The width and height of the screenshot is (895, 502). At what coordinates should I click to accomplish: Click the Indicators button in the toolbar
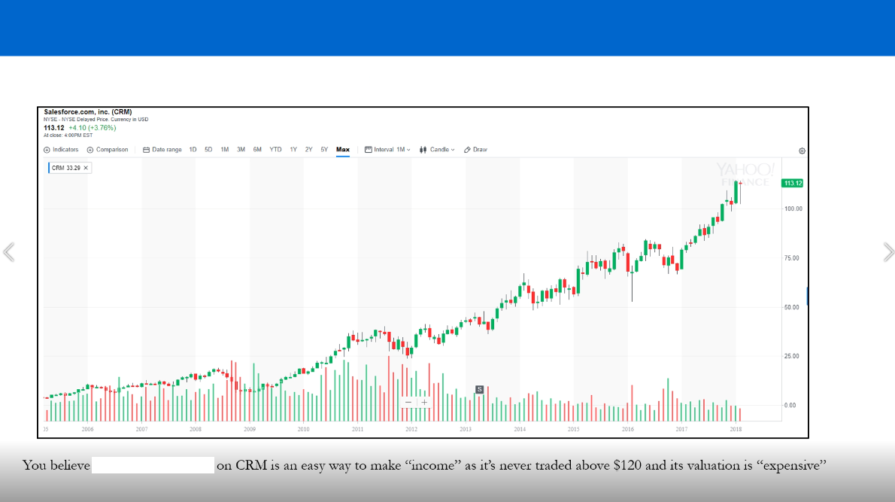(61, 150)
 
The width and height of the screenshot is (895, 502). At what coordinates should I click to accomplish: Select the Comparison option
(108, 150)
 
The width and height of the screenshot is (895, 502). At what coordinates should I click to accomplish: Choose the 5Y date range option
(324, 150)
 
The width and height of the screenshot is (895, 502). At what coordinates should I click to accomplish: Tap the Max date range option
(343, 150)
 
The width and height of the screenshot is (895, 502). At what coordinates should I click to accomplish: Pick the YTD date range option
(275, 150)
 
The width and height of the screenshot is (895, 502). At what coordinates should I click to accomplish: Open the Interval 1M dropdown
(387, 150)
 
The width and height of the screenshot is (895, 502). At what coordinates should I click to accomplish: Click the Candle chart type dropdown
(437, 150)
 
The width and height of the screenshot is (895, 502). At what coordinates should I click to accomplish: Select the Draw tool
(475, 150)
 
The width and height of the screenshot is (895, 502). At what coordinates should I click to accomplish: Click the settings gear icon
(802, 151)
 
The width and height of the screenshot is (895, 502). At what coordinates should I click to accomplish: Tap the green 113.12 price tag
(793, 183)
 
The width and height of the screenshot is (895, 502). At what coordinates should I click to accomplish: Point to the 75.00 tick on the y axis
(792, 258)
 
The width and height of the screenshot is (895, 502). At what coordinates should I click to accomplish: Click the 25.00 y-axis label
(792, 356)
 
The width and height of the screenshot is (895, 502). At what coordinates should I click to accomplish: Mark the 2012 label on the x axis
(411, 429)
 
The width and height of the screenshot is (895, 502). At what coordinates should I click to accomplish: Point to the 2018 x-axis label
(736, 429)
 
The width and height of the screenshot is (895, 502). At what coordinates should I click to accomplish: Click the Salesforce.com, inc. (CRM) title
(88, 112)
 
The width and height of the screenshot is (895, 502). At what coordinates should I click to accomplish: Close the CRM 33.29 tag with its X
(86, 168)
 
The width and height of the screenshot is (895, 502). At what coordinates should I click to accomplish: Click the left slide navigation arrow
(8, 252)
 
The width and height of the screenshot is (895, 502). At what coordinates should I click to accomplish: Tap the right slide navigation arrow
(888, 252)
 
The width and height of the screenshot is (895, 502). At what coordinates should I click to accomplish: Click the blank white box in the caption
(153, 465)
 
